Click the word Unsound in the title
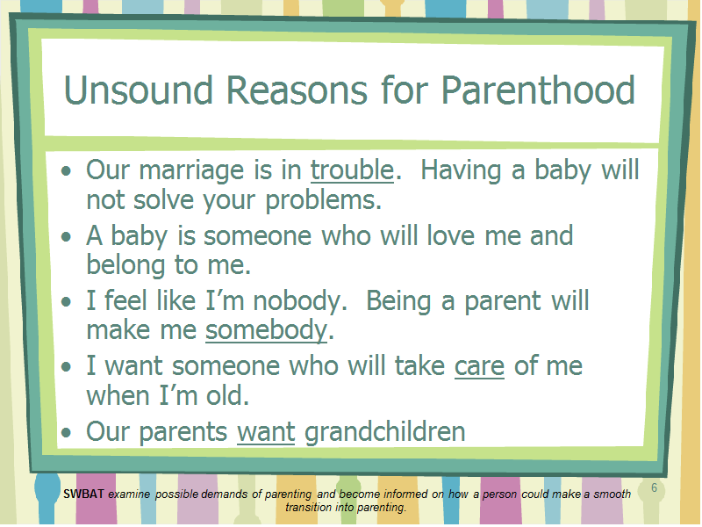tap(139, 90)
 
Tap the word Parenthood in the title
tap(538, 90)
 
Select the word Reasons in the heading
tap(297, 90)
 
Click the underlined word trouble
tap(353, 170)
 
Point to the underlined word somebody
tap(267, 330)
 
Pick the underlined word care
tap(479, 366)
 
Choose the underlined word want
tap(266, 432)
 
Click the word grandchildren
tap(385, 431)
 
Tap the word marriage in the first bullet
tap(205, 171)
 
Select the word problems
tap(324, 200)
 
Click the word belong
tap(125, 265)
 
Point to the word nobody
tap(300, 301)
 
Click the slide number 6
tap(654, 488)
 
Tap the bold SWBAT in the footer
tap(83, 495)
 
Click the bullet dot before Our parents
tap(67, 433)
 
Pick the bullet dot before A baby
tap(67, 236)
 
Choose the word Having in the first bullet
tap(461, 171)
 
